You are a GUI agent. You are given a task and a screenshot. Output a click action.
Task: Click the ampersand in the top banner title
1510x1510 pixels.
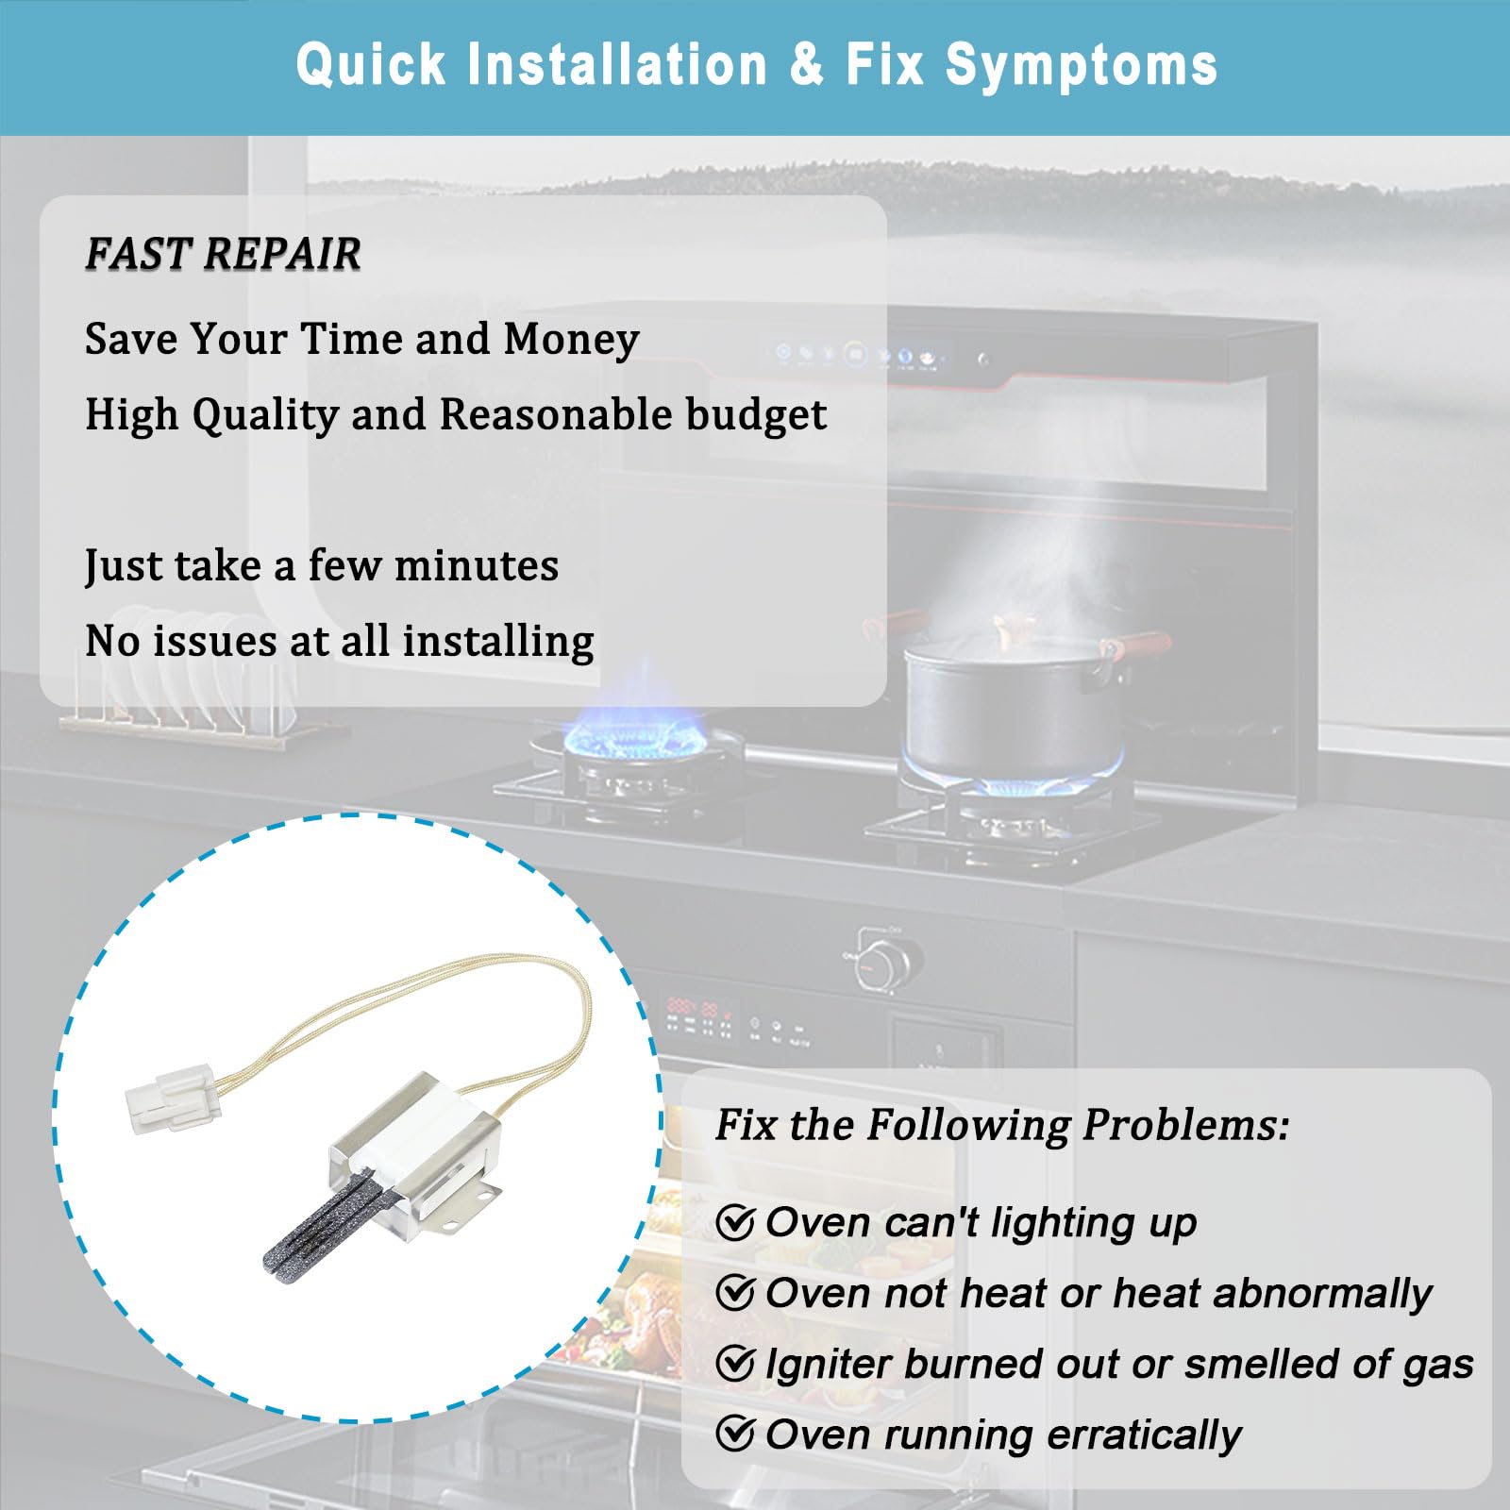807,65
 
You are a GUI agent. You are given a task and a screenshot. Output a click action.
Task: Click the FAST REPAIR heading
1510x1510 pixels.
223,253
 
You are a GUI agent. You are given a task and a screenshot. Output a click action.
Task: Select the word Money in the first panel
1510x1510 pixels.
572,340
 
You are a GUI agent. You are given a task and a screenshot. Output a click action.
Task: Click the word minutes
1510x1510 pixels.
477,565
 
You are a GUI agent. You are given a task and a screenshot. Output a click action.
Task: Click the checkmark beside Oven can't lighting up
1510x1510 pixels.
735,1223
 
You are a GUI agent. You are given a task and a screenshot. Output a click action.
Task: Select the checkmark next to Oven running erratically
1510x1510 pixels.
735,1434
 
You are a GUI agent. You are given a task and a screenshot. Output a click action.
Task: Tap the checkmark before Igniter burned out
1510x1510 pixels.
735,1364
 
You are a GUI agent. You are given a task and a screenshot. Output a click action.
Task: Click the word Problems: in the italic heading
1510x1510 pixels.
1185,1124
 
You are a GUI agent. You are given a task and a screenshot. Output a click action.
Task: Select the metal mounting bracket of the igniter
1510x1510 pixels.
415,1151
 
